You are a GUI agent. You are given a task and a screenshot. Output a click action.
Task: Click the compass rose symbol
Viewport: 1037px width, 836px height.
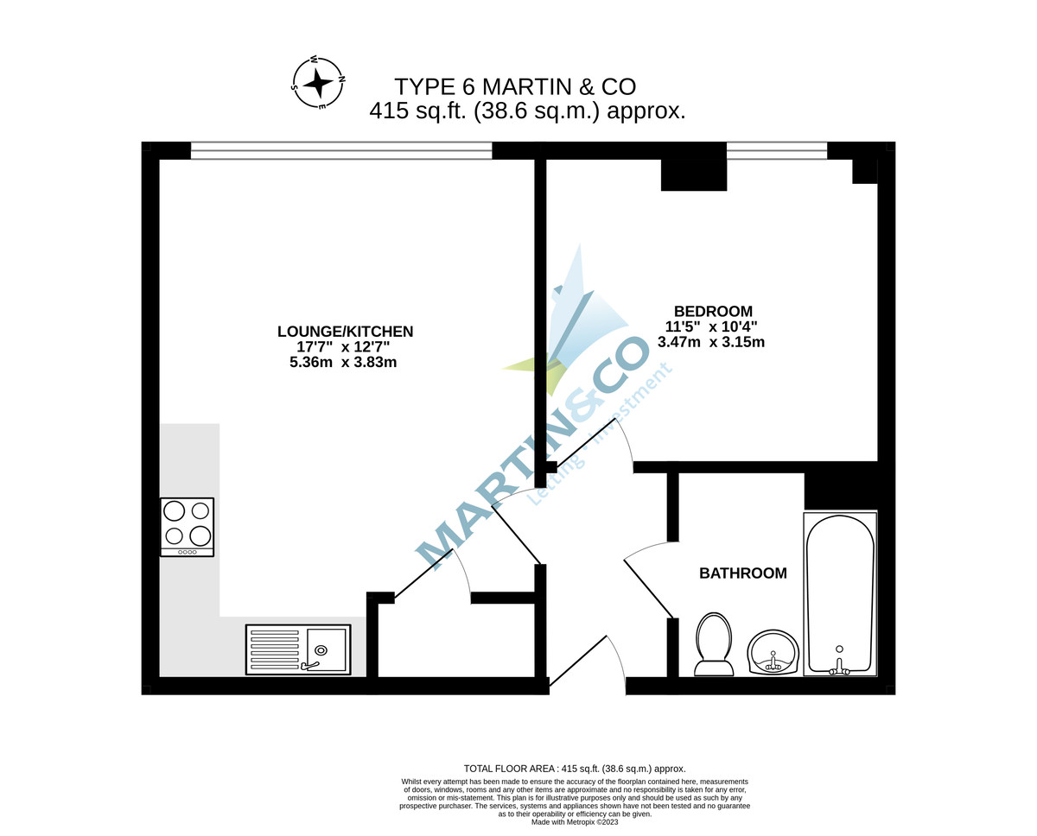pyautogui.click(x=318, y=83)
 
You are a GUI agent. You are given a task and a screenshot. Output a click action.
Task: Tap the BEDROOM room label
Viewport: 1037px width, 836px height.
pyautogui.click(x=713, y=311)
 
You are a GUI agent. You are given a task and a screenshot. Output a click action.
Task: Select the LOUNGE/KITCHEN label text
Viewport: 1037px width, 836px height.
pyautogui.click(x=345, y=331)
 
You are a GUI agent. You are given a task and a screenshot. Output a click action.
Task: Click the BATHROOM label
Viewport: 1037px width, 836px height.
pyautogui.click(x=742, y=573)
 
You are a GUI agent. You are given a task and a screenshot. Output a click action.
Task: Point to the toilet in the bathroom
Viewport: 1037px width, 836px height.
pyautogui.click(x=714, y=643)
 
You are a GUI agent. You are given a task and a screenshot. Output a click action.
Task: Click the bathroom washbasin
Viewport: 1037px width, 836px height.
pyautogui.click(x=773, y=652)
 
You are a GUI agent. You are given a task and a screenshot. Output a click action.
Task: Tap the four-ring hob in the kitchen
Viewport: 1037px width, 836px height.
pyautogui.click(x=187, y=526)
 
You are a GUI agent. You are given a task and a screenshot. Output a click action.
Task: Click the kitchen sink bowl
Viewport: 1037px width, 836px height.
pyautogui.click(x=324, y=649)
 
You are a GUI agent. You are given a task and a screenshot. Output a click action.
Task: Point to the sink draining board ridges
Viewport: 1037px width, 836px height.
pyautogui.click(x=274, y=649)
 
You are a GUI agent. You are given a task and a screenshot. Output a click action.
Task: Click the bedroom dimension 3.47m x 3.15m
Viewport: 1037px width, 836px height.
pyautogui.click(x=710, y=342)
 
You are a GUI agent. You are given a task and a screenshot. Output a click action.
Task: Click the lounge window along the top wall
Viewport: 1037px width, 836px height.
pyautogui.click(x=341, y=150)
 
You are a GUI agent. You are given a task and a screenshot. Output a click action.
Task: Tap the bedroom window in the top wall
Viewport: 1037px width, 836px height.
pyautogui.click(x=776, y=150)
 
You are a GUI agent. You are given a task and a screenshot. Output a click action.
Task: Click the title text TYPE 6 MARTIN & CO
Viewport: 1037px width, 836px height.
pyautogui.click(x=515, y=86)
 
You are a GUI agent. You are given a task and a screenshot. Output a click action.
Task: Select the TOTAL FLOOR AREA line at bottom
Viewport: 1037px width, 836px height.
pyautogui.click(x=575, y=768)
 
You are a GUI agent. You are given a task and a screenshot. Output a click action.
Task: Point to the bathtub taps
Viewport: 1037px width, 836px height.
pyautogui.click(x=838, y=665)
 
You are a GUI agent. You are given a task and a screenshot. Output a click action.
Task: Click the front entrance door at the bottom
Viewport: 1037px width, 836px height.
pyautogui.click(x=588, y=665)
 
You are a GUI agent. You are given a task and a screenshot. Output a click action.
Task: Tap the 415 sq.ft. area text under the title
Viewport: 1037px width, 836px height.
pyautogui.click(x=527, y=111)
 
